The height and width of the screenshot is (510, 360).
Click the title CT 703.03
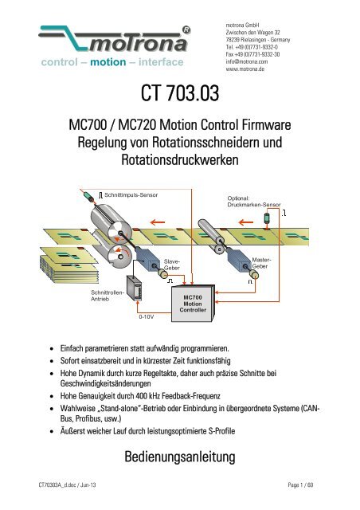tap(179, 100)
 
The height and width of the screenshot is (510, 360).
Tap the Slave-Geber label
tap(174, 265)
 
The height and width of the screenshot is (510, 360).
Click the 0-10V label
tap(147, 316)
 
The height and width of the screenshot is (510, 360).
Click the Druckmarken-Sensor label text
tap(254, 206)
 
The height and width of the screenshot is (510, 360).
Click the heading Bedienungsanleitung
tap(179, 459)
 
